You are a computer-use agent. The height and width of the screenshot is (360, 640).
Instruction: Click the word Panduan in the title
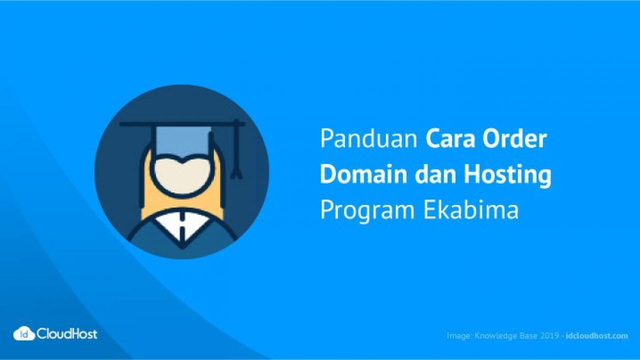click(369, 138)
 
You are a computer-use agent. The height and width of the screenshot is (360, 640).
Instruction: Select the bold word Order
click(515, 138)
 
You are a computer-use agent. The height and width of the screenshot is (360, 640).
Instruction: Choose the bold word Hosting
click(507, 175)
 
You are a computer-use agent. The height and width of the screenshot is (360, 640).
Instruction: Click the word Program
click(367, 211)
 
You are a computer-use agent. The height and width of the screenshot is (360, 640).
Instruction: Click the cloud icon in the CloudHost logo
click(24, 333)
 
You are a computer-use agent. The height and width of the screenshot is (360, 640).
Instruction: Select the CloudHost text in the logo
click(67, 333)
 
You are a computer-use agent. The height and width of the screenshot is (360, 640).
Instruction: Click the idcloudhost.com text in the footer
click(596, 335)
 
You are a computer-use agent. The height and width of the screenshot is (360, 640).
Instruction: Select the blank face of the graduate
click(182, 175)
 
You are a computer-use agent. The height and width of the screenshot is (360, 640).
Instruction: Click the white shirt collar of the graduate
click(182, 225)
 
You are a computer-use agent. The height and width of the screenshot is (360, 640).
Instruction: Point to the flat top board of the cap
click(182, 124)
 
